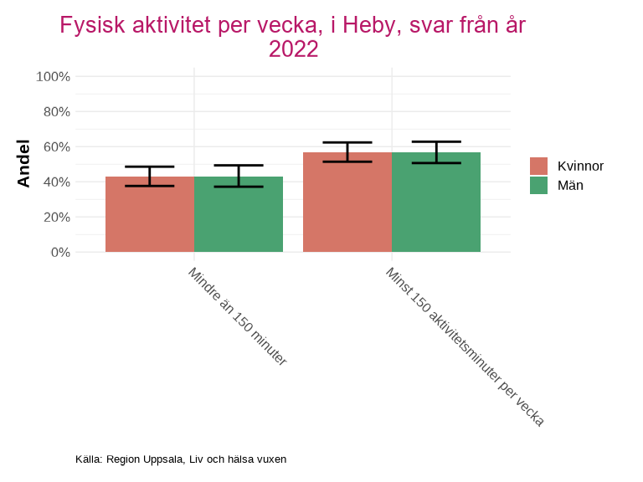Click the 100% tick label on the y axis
coord(54,77)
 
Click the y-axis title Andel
coord(24,164)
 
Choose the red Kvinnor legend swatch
coord(539,166)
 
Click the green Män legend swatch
coord(539,186)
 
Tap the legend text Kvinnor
coord(580,166)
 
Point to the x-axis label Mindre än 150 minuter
coord(237,317)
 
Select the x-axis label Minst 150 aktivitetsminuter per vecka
coord(465,347)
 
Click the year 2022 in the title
coord(293,49)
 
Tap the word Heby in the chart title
coord(357,26)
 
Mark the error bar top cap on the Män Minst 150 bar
coord(436,141)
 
